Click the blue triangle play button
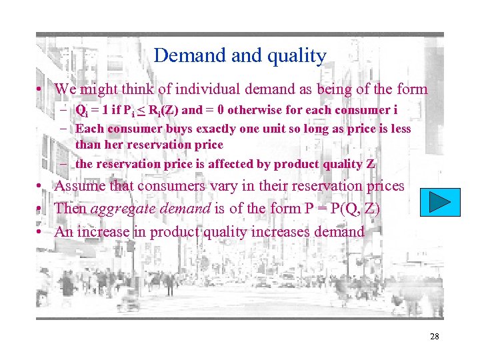tap(441, 201)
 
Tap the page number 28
tap(434, 337)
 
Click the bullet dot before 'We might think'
tap(41, 89)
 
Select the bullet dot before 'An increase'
tap(41, 232)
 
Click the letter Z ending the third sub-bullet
tap(371, 163)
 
